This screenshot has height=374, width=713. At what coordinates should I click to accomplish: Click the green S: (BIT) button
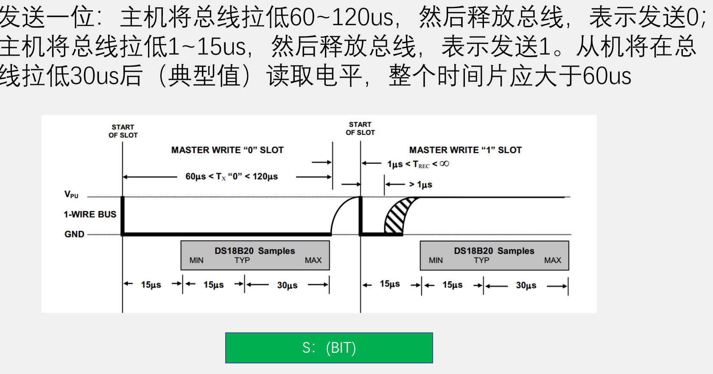(329, 348)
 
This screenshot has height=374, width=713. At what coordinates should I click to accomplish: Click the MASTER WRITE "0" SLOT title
(227, 150)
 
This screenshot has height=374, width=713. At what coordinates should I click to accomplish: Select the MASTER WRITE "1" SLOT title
(465, 150)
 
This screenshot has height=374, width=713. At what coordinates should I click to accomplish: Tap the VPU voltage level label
(71, 194)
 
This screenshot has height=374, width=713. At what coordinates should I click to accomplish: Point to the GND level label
(74, 234)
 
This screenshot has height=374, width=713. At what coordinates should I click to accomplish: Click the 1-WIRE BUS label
(90, 214)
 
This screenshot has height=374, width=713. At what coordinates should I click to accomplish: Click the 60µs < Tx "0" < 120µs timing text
(232, 177)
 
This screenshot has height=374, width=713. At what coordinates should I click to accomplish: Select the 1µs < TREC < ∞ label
(418, 164)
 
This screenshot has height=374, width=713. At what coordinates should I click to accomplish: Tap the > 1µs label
(420, 185)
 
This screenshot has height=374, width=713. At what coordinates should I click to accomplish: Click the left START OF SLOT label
(123, 131)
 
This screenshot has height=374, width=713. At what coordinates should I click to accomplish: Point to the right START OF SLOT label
(360, 129)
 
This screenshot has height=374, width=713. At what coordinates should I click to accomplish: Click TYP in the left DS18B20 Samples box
(242, 260)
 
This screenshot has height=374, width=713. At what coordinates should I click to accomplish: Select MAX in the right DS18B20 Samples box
(552, 260)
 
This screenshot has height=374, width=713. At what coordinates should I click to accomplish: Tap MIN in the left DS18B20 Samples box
(196, 260)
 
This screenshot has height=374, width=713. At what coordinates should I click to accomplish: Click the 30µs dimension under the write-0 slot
(287, 285)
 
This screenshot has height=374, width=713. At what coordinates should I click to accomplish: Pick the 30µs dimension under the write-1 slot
(526, 285)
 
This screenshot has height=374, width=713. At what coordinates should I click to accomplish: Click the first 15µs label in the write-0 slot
(151, 285)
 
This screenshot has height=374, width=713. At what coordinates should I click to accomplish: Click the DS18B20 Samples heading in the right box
(494, 250)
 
